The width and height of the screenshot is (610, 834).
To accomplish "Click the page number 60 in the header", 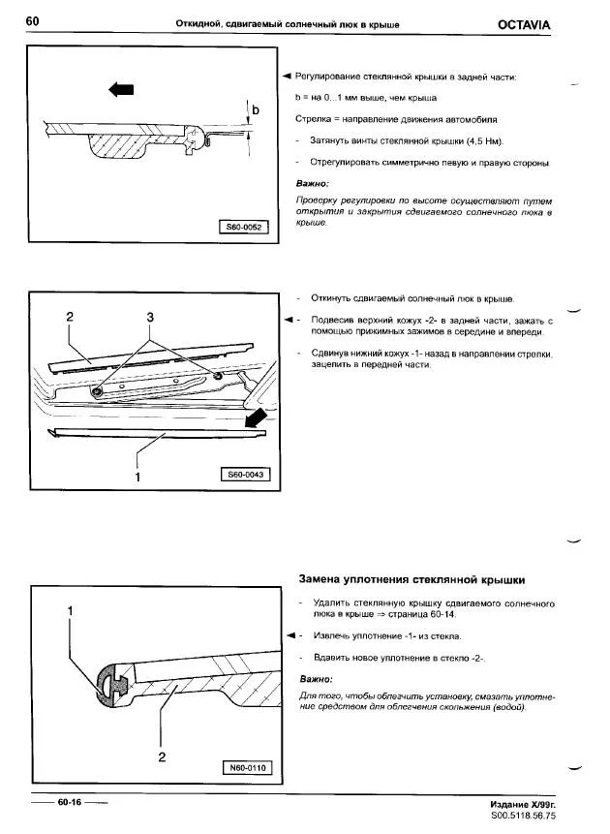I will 33,21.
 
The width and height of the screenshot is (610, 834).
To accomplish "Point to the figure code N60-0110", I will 246,768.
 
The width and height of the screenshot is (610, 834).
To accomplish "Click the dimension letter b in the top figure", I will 256,110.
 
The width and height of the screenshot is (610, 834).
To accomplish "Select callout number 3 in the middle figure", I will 150,317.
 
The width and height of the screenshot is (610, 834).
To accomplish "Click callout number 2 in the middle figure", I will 70,317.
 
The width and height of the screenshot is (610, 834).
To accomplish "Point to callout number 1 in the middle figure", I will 137,476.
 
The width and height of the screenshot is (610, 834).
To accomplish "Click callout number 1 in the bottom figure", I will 70,611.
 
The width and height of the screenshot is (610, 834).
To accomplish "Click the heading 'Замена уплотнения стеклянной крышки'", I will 411,580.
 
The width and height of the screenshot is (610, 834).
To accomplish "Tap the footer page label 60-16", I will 69,802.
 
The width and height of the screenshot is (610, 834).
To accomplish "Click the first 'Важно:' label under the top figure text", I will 314,183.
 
